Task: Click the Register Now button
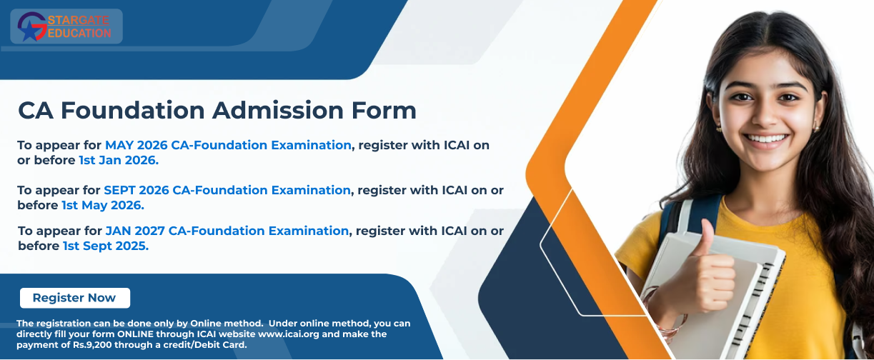click(x=75, y=298)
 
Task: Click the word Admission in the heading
click(x=278, y=110)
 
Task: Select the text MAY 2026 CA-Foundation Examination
click(x=228, y=145)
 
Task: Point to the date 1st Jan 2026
click(x=119, y=160)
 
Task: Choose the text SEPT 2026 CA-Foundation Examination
click(x=227, y=190)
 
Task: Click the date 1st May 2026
click(x=103, y=205)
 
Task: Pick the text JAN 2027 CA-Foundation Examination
click(x=227, y=231)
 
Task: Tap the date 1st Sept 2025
click(x=106, y=246)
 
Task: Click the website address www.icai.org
click(x=289, y=334)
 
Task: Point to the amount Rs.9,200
click(x=92, y=345)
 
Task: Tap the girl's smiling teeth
click(x=765, y=139)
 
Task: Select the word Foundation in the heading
click(x=133, y=110)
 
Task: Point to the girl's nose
click(x=768, y=114)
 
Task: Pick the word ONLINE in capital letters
click(x=135, y=334)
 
